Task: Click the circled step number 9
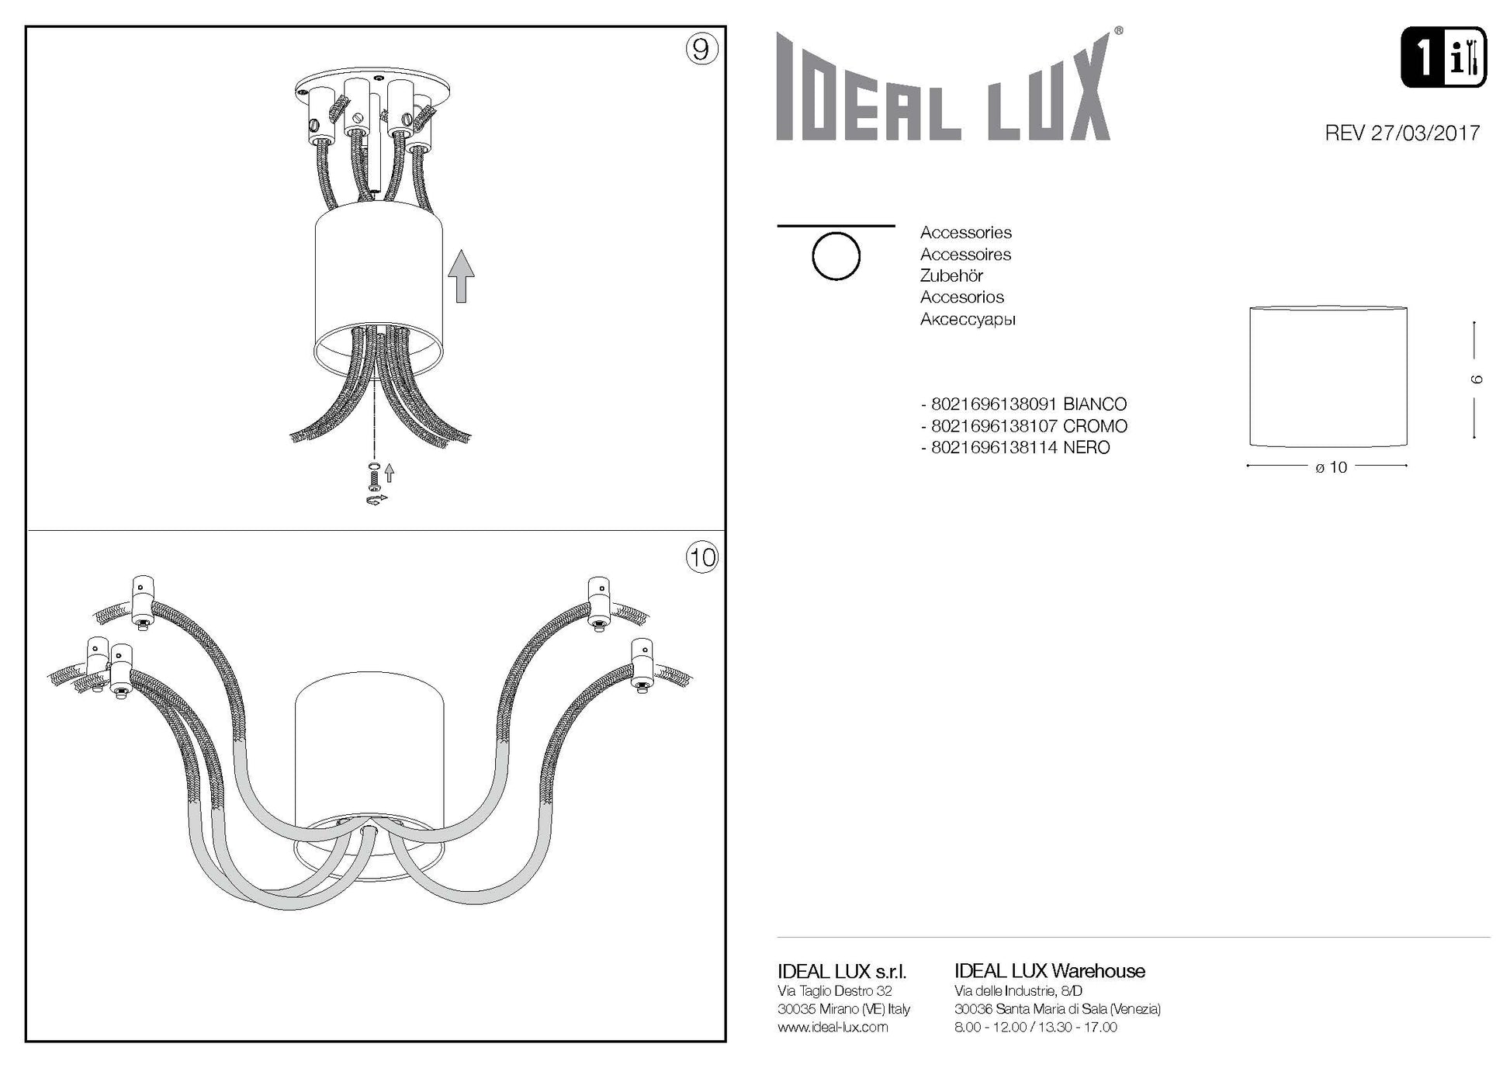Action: pos(701,49)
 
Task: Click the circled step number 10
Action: pos(701,557)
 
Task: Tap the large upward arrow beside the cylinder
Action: pos(462,276)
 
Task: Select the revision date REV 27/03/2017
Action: pos(1402,133)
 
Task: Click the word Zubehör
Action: pos(951,276)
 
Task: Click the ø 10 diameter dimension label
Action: pos(1332,467)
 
